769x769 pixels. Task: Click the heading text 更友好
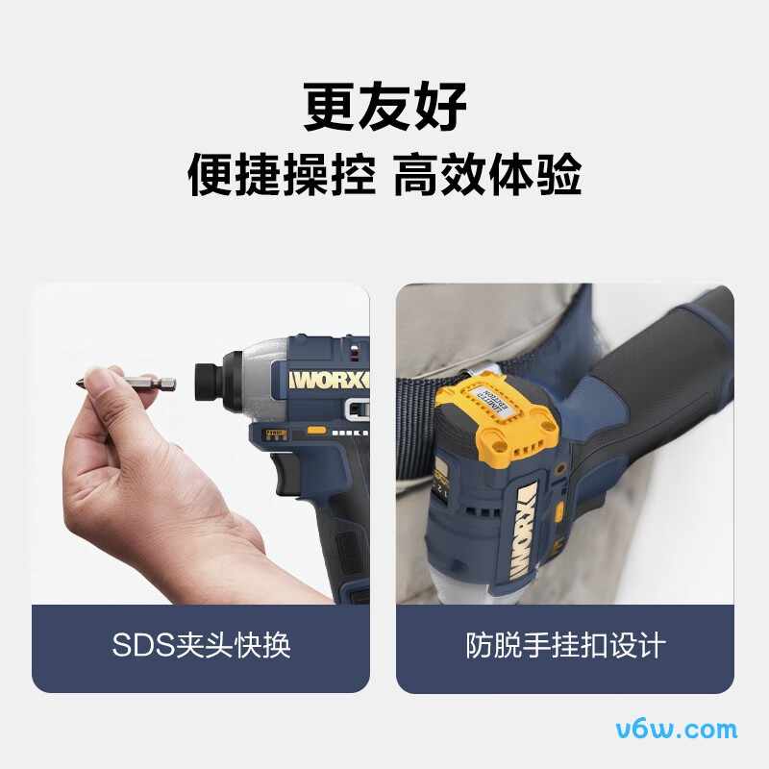(x=384, y=106)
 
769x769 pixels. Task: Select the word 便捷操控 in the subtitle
(x=281, y=175)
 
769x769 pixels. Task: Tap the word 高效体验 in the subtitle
(x=487, y=175)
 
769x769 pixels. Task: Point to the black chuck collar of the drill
(x=210, y=376)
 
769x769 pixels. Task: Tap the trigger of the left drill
(x=287, y=470)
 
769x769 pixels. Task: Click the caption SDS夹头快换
(x=201, y=645)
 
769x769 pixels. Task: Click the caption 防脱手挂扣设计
(x=565, y=645)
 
